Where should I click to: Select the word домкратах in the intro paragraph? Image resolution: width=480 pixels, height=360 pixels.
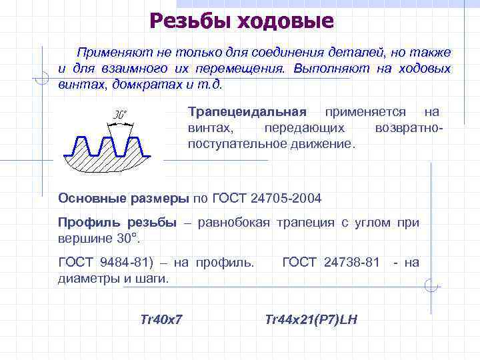pyautogui.click(x=149, y=85)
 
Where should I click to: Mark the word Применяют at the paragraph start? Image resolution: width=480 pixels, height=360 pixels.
pyautogui.click(x=111, y=52)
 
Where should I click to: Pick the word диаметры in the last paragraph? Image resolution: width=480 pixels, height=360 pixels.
pyautogui.click(x=87, y=277)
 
